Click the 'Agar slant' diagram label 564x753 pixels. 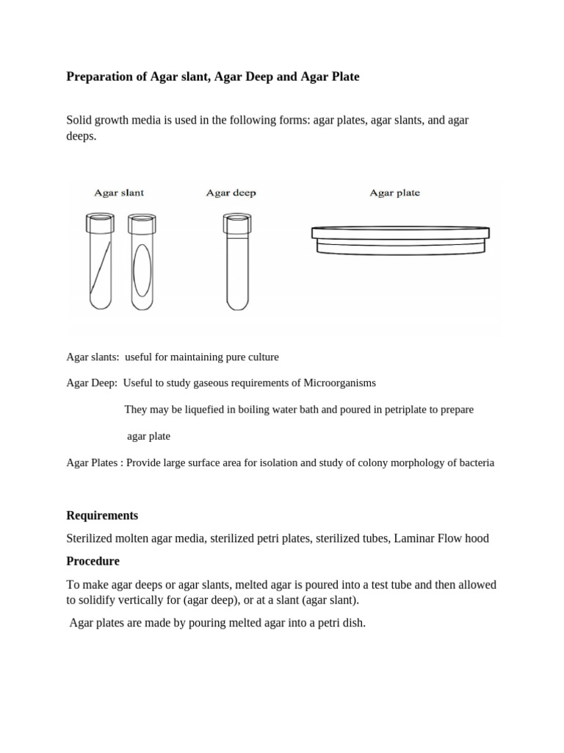click(118, 193)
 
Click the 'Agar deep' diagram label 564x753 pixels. click(231, 193)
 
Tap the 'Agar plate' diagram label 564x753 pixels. click(394, 193)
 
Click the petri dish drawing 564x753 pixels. click(399, 240)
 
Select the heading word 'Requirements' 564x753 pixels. click(102, 515)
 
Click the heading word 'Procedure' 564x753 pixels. click(93, 561)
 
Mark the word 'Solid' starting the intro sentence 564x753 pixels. click(80, 120)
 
